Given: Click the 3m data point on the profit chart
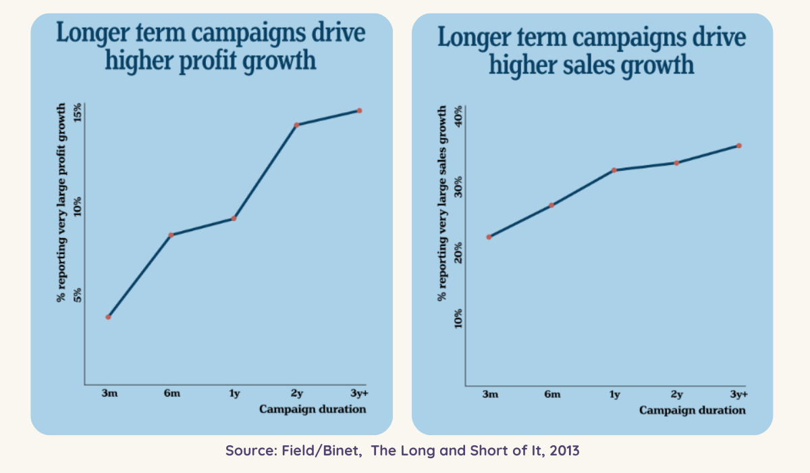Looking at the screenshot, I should coord(108,317).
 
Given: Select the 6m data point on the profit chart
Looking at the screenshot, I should coord(171,234).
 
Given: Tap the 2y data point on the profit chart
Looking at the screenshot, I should coord(296,124).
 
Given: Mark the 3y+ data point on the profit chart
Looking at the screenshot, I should coord(360,110).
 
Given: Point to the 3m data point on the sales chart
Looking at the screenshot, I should coord(489,236).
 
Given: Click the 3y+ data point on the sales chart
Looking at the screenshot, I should coord(739,145).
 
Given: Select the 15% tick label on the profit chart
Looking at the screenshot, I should coord(77,112).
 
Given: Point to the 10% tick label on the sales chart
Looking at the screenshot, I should coord(458,318).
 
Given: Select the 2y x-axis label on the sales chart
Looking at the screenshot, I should coord(676,395).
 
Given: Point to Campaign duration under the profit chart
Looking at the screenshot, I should coord(313,409).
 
